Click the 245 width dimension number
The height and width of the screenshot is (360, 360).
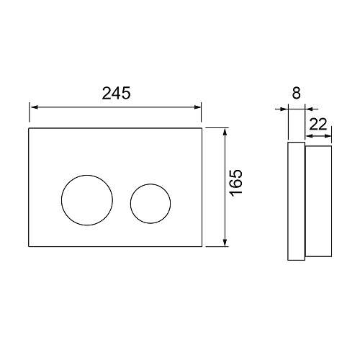tap(117, 93)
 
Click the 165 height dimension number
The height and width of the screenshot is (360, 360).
tap(236, 183)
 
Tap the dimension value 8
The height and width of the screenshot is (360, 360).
tap(297, 93)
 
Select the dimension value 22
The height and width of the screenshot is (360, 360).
tap(318, 124)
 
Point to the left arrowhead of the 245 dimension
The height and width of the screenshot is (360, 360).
tap(34, 107)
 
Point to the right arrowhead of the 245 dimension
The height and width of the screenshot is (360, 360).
tap(197, 107)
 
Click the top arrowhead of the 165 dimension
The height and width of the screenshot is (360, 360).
tap(225, 132)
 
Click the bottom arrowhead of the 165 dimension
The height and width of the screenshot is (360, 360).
tap(225, 242)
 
